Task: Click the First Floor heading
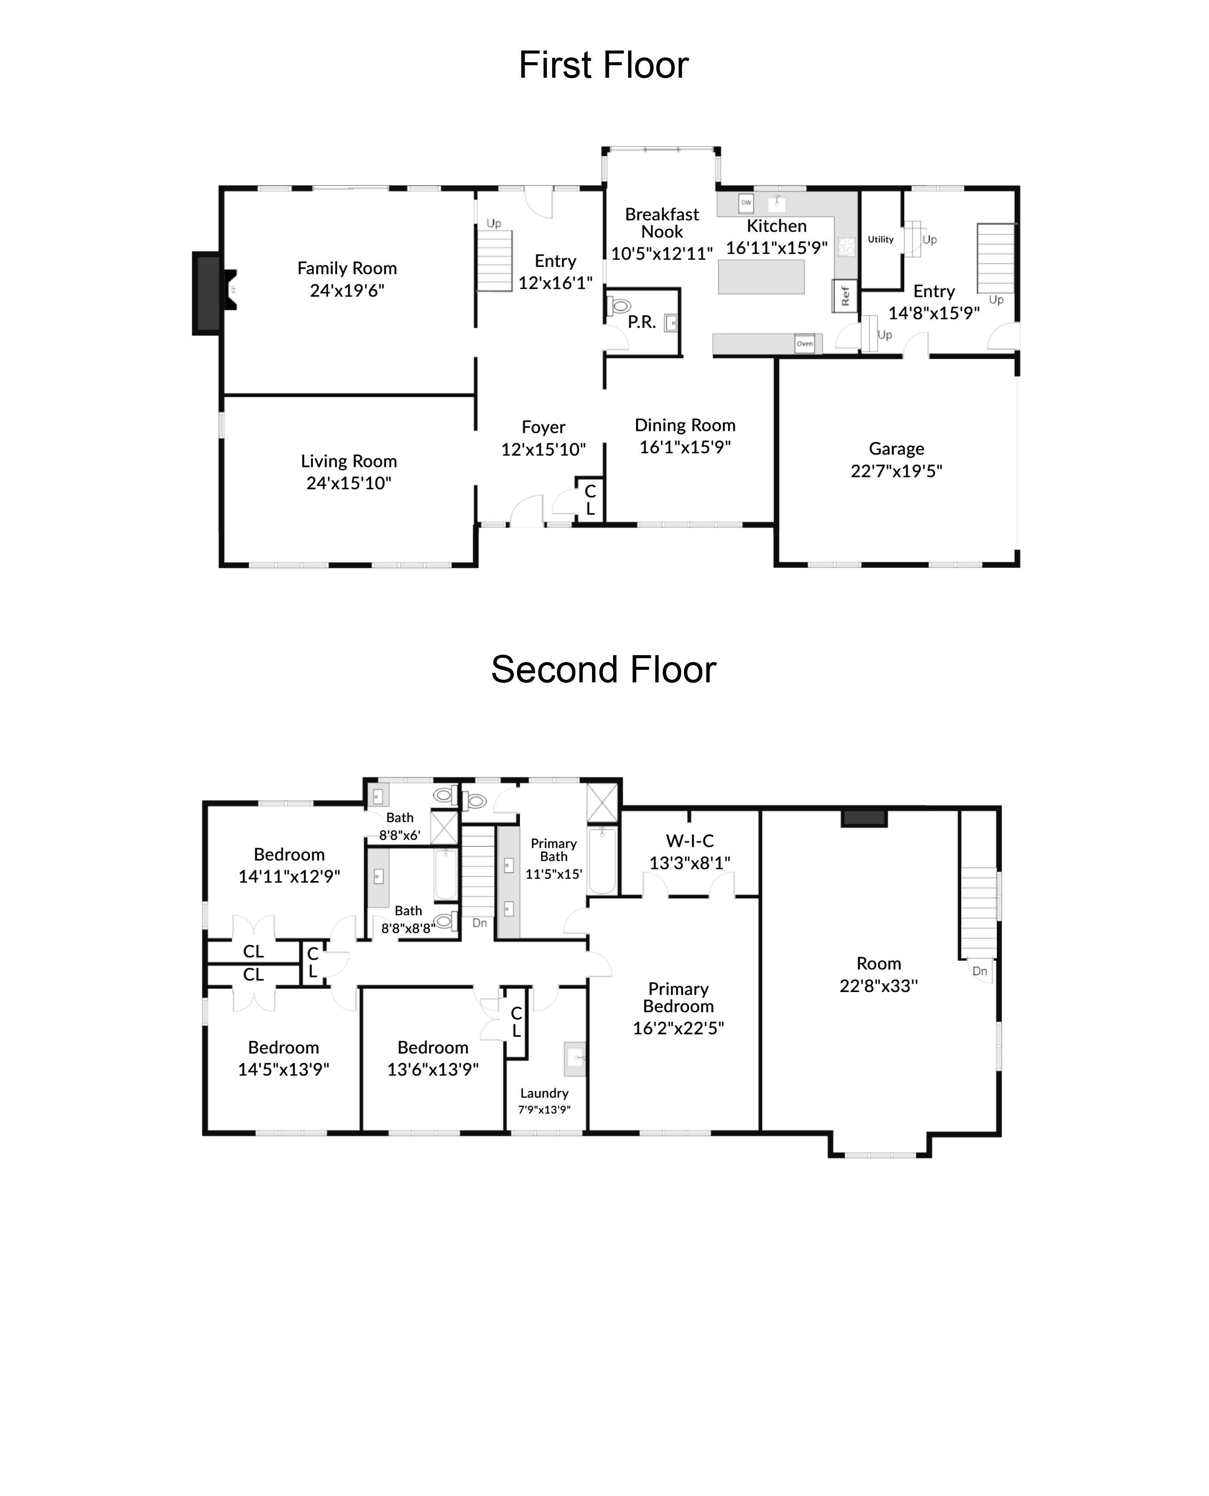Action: pyautogui.click(x=603, y=66)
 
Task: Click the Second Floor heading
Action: pyautogui.click(x=603, y=670)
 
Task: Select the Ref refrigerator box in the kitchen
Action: pyautogui.click(x=845, y=296)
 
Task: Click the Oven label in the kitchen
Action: pyautogui.click(x=804, y=343)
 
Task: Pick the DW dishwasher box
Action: pyautogui.click(x=746, y=203)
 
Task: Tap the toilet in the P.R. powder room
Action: pyautogui.click(x=619, y=306)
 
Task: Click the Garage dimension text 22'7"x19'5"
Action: pyautogui.click(x=896, y=471)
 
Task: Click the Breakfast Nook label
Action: pyautogui.click(x=661, y=223)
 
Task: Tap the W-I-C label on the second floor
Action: pyautogui.click(x=690, y=840)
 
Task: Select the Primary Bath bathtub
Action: pyautogui.click(x=602, y=861)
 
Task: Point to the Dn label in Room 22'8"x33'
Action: pyautogui.click(x=979, y=971)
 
